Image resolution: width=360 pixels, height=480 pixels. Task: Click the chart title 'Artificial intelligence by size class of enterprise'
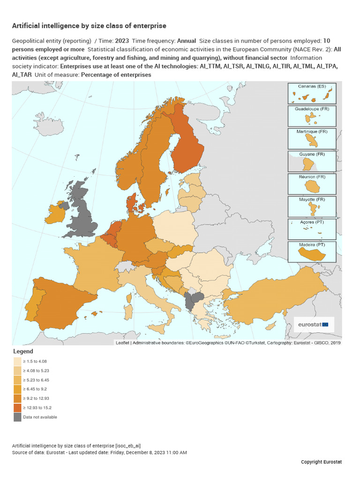[x=89, y=26]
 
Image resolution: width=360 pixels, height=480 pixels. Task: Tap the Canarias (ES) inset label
[x=312, y=86]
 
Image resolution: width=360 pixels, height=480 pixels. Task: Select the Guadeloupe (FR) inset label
[x=312, y=109]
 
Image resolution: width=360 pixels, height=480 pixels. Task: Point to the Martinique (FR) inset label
[x=312, y=132]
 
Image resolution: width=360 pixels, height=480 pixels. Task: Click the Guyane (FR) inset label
[x=312, y=154]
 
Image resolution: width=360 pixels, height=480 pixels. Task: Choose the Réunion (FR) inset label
[x=312, y=177]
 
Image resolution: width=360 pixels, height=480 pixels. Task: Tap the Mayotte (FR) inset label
[x=312, y=200]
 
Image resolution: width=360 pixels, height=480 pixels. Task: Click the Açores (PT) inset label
[x=312, y=222]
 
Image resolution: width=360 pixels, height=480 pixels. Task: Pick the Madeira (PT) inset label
[x=312, y=245]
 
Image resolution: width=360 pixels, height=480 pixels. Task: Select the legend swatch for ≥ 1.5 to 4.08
[x=17, y=361]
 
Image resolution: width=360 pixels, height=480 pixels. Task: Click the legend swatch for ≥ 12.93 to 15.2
[x=17, y=408]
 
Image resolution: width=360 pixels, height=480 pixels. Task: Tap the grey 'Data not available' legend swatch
[x=17, y=417]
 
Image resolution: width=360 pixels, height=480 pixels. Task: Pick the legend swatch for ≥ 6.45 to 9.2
[x=17, y=389]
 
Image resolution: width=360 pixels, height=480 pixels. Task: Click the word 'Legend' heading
[x=23, y=351]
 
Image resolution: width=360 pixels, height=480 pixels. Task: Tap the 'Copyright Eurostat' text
[x=321, y=462]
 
